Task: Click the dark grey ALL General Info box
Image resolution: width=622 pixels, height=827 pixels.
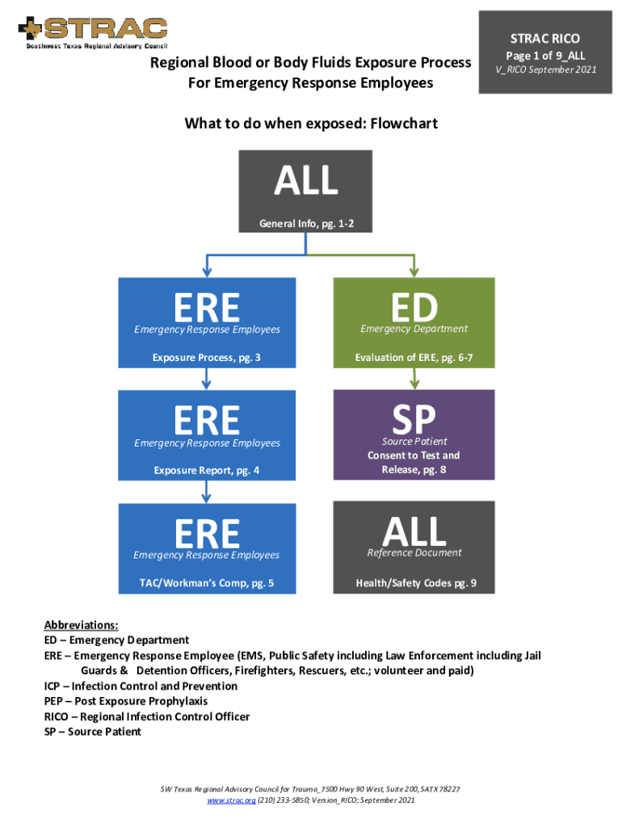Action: [x=306, y=191]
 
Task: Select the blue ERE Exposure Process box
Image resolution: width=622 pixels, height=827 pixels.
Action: [x=207, y=322]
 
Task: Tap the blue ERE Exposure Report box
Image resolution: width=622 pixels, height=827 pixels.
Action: [x=207, y=434]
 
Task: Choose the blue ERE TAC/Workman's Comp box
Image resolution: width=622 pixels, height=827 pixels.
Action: [x=207, y=548]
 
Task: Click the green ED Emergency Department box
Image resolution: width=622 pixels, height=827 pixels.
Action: [x=414, y=322]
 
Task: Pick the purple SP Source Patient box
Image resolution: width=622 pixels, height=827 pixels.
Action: [x=414, y=434]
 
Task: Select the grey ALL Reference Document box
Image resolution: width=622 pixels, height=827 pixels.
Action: [x=414, y=548]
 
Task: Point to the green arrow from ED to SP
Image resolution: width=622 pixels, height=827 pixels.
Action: [x=414, y=378]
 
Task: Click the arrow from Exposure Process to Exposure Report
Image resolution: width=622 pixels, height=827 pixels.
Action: [x=207, y=378]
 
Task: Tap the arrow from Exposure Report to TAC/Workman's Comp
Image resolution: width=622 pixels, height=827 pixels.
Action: [x=207, y=490]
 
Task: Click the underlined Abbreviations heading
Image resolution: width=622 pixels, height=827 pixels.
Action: [x=81, y=625]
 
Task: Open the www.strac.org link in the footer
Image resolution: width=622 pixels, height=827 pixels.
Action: [x=231, y=800]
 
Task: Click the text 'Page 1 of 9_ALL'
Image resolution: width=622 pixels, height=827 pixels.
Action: [x=545, y=56]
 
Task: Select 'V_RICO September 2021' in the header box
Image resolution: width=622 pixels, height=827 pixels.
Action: [x=545, y=69]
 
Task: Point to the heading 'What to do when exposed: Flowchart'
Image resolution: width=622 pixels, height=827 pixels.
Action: [x=311, y=124]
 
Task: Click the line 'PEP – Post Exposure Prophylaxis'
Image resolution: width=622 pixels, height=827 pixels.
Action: [x=125, y=701]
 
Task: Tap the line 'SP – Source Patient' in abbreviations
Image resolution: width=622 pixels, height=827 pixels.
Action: [x=92, y=732]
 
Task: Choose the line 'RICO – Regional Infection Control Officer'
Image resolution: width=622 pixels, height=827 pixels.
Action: [x=146, y=716]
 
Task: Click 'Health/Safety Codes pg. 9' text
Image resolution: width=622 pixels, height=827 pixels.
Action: [x=415, y=583]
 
